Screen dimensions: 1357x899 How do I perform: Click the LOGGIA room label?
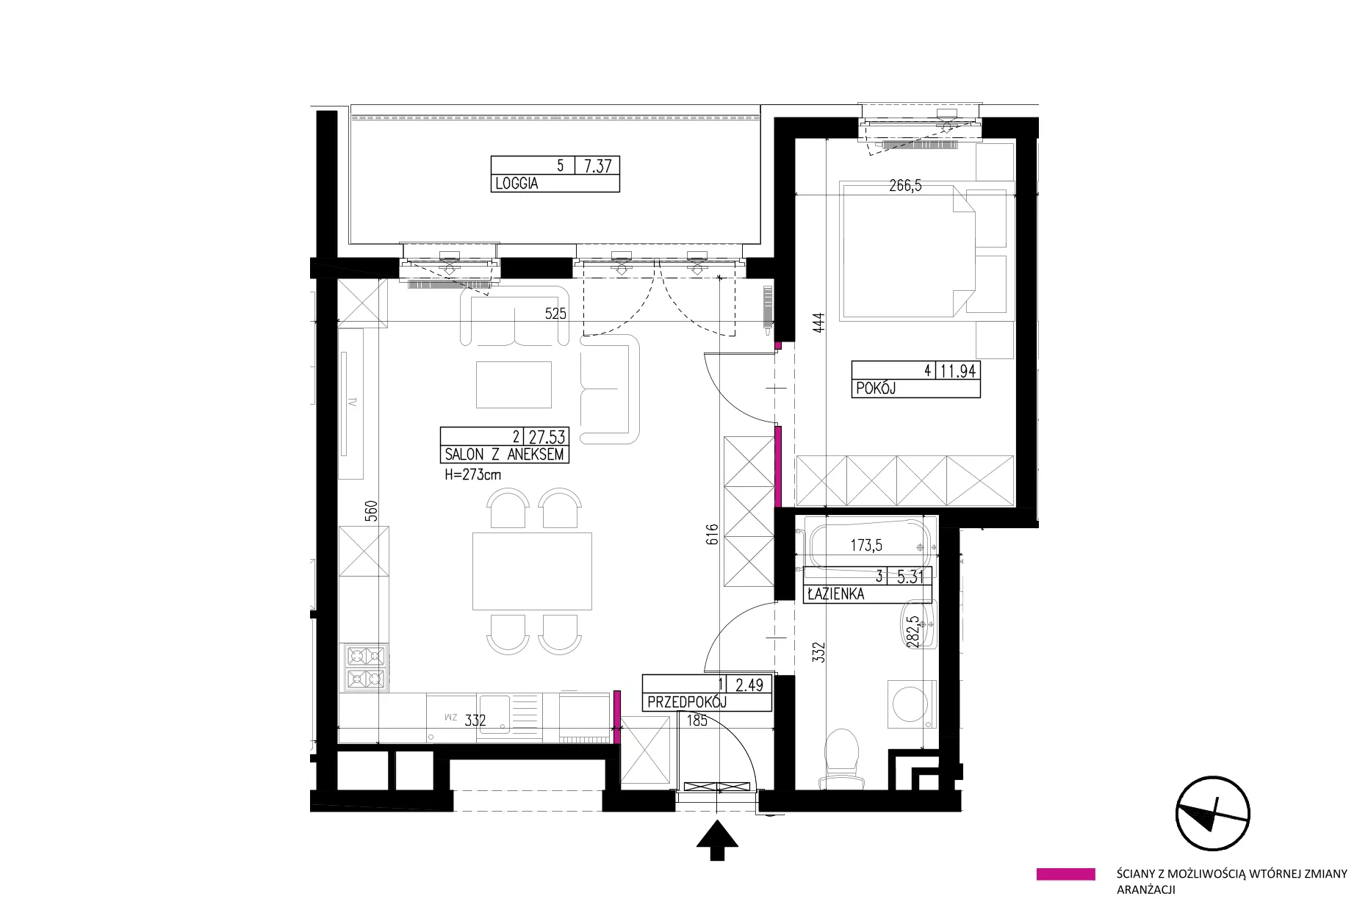click(x=516, y=184)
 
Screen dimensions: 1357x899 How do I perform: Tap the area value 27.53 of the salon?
click(x=547, y=437)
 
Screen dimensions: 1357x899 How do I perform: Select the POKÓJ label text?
click(x=876, y=389)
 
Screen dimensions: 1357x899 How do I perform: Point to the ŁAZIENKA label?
click(x=835, y=593)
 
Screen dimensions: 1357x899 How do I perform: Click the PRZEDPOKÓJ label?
click(x=687, y=702)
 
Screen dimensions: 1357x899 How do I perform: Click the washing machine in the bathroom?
click(x=913, y=704)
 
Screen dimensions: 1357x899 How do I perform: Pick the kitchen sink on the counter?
click(x=478, y=715)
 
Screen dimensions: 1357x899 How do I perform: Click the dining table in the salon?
click(x=532, y=571)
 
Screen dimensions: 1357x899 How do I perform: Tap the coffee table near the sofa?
click(x=514, y=384)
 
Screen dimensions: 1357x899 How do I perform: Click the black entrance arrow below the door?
click(x=717, y=840)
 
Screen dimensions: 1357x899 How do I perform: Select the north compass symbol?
click(x=1212, y=813)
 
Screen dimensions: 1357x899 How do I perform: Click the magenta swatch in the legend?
click(x=1065, y=874)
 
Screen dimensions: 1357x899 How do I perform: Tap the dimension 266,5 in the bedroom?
click(x=905, y=186)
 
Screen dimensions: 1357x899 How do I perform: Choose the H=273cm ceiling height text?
click(x=473, y=474)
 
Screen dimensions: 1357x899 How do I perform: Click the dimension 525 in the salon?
click(x=555, y=314)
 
